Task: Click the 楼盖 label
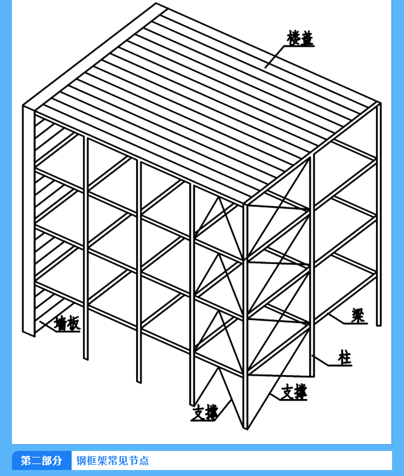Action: click(300, 38)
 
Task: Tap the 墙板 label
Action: click(67, 323)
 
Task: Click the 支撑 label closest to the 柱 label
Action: click(294, 392)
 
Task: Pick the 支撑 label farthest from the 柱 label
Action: click(205, 412)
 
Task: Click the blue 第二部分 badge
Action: click(42, 460)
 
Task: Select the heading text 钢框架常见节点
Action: click(113, 460)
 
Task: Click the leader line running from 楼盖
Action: click(275, 57)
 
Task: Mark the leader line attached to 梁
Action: click(336, 318)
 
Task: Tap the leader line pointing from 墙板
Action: click(48, 326)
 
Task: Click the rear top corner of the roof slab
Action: click(156, 3)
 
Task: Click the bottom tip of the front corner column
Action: click(246, 429)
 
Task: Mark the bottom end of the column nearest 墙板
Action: click(29, 334)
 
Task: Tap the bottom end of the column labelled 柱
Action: click(312, 376)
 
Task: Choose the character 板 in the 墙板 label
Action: click(74, 323)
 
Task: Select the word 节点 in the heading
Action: click(138, 460)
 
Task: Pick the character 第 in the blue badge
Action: click(26, 460)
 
